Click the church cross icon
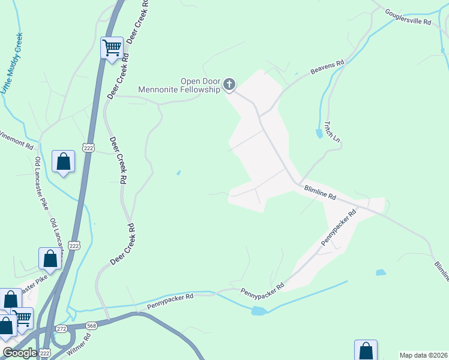point(229,85)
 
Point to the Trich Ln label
point(332,131)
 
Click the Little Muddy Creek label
point(13,63)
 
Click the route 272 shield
point(61,329)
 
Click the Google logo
point(19,353)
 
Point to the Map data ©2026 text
point(424,355)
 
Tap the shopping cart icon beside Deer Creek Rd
point(112,48)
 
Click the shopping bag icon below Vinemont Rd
point(63,161)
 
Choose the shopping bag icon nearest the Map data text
point(366,351)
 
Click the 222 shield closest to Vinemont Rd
point(88,148)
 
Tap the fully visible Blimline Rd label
point(319,193)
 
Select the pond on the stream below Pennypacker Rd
point(258,311)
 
